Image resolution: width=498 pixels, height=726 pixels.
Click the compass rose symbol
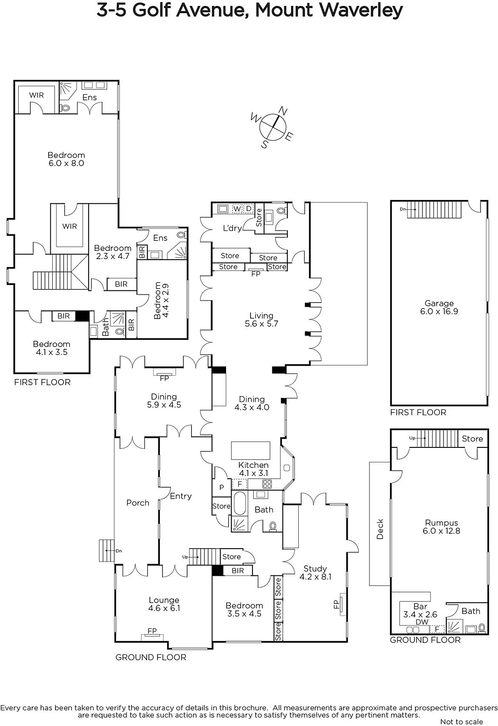(273, 127)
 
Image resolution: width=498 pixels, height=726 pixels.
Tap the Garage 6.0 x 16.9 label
(439, 307)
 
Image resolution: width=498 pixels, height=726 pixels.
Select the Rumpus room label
(441, 527)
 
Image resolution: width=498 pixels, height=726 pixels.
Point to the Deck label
(380, 529)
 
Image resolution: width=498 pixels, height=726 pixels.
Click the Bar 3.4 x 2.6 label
(420, 610)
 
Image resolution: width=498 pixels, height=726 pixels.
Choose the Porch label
(138, 503)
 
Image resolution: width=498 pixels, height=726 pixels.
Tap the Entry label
(181, 496)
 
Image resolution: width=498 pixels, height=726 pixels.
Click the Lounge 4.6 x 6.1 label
(164, 604)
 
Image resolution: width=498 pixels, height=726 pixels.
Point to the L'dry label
(232, 228)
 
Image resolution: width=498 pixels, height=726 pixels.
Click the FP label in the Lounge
(152, 631)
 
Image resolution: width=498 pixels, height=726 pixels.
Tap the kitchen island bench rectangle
(250, 450)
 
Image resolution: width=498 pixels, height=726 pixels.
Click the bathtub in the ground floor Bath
(240, 503)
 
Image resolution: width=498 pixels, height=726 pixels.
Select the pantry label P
(222, 487)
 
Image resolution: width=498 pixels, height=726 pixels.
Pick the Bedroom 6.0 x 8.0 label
(66, 159)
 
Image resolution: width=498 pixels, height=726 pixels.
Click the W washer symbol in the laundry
(237, 209)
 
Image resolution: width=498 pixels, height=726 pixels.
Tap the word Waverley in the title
(361, 10)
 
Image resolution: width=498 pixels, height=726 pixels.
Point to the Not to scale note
(461, 722)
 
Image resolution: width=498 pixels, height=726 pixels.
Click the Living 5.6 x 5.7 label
(261, 319)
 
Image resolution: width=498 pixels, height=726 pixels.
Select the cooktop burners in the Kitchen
(267, 484)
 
